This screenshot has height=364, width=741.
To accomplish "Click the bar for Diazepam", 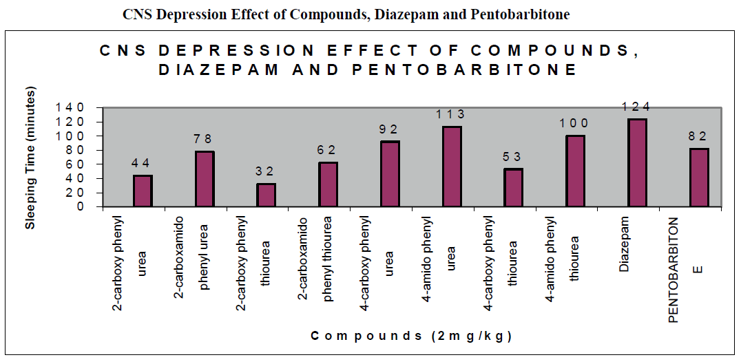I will click(x=637, y=162).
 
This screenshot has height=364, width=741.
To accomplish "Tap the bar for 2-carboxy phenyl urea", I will click(x=143, y=191).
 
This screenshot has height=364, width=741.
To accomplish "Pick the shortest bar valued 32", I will click(x=266, y=195).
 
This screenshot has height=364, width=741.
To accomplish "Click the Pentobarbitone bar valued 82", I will click(x=698, y=177).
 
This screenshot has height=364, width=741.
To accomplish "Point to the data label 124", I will click(x=636, y=107).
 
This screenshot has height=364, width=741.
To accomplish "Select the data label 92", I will click(x=389, y=129).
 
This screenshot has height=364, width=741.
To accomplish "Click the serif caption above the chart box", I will click(x=346, y=14).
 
